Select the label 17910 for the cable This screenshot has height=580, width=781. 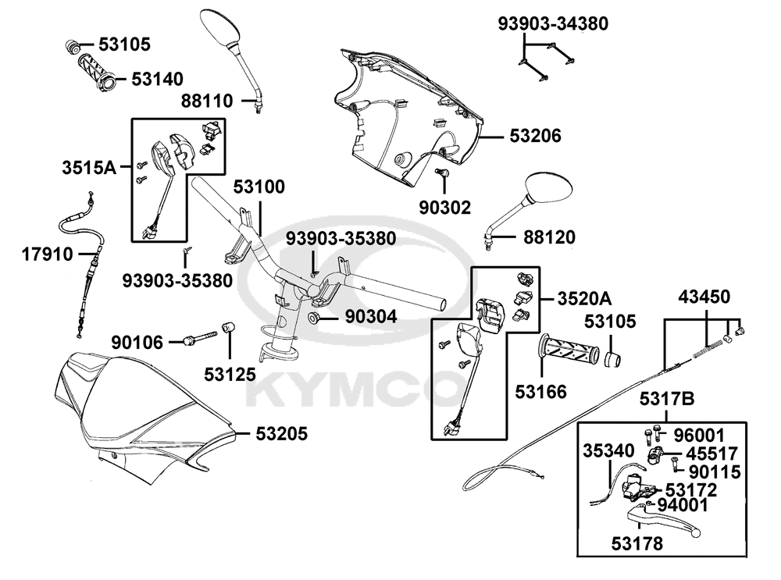point(48,254)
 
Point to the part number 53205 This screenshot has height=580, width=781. point(282,432)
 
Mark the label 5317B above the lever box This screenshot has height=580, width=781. point(666,400)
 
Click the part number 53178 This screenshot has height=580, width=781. point(638,543)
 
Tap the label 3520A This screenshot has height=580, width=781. point(585,297)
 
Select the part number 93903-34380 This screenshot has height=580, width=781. point(553,24)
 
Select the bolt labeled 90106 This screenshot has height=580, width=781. point(200,340)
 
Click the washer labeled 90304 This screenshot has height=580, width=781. point(312,318)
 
